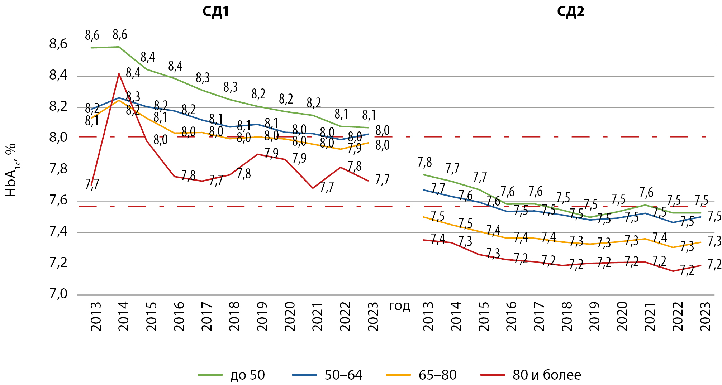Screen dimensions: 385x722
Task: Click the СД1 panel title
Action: [x=215, y=12]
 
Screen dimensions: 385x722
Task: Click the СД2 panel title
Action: [x=570, y=12]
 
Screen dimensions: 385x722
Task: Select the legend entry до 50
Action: [x=247, y=375]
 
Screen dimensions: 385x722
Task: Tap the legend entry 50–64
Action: [x=343, y=375]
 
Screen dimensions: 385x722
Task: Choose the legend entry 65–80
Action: [x=437, y=375]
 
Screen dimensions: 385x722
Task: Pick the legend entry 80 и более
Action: [x=547, y=375]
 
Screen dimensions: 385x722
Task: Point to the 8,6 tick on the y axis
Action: [x=58, y=44]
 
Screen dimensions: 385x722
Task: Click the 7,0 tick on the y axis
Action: [x=58, y=294]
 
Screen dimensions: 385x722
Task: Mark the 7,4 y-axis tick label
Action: [x=58, y=232]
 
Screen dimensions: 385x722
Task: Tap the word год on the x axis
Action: [x=399, y=306]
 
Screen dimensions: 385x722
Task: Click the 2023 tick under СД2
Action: [x=706, y=317]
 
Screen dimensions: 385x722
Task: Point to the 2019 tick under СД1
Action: [x=262, y=317]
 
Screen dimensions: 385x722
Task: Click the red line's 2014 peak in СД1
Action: [x=119, y=74]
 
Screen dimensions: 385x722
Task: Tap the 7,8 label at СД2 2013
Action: [x=424, y=163]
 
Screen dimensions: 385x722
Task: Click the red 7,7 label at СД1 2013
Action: [x=92, y=184]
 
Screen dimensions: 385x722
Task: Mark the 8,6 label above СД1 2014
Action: [x=120, y=35]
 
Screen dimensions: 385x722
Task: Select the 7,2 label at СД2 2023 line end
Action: [x=714, y=265]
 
